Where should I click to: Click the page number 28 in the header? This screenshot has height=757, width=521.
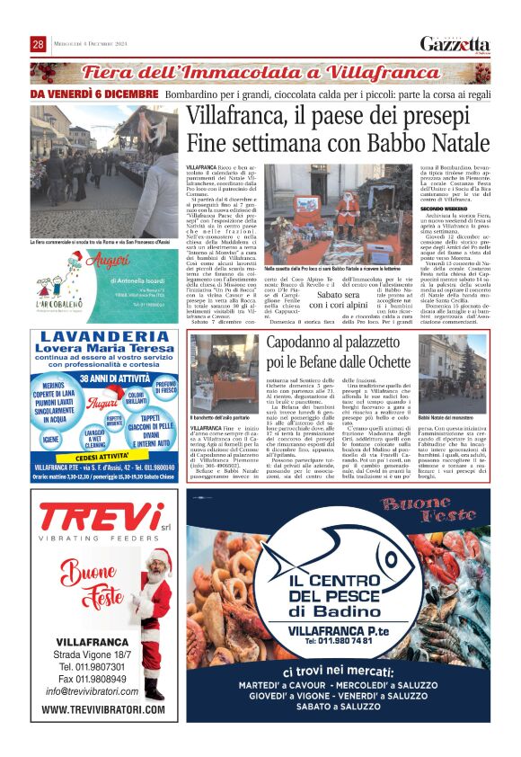pyautogui.click(x=39, y=44)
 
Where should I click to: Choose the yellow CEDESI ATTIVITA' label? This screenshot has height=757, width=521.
pyautogui.click(x=102, y=457)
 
